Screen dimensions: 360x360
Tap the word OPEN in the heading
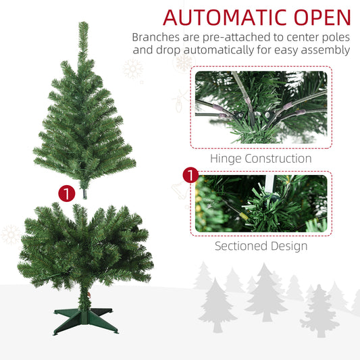(322, 18)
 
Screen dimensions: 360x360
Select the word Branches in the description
(156, 37)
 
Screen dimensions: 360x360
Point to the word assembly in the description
(326, 50)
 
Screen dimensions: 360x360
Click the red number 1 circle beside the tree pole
(67, 194)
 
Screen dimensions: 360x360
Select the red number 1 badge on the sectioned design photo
(190, 175)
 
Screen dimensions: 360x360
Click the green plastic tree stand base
(85, 321)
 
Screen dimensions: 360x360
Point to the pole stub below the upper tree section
(85, 194)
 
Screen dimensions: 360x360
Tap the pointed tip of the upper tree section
(83, 22)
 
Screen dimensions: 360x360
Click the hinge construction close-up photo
(261, 107)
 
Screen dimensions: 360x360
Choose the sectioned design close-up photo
(261, 203)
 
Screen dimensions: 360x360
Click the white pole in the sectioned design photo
(269, 184)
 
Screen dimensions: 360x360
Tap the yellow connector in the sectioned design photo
(243, 216)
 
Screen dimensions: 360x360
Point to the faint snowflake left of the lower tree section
(10, 234)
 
